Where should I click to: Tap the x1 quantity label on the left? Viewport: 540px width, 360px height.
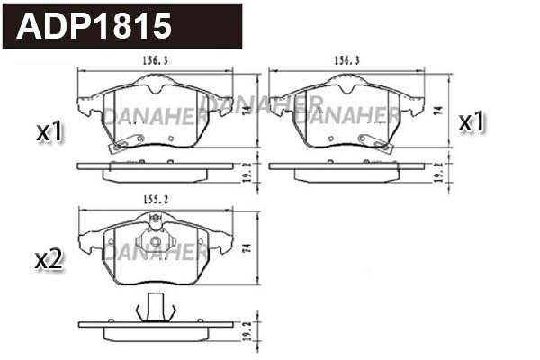click(49, 132)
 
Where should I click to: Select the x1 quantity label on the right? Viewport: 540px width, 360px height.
click(472, 121)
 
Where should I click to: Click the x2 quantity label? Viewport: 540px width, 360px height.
click(49, 260)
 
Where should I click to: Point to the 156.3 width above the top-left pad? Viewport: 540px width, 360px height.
click(154, 61)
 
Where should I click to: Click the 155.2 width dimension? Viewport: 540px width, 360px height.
click(154, 201)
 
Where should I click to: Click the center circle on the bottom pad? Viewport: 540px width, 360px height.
click(155, 242)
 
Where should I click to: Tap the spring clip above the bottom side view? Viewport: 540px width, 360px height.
click(153, 308)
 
